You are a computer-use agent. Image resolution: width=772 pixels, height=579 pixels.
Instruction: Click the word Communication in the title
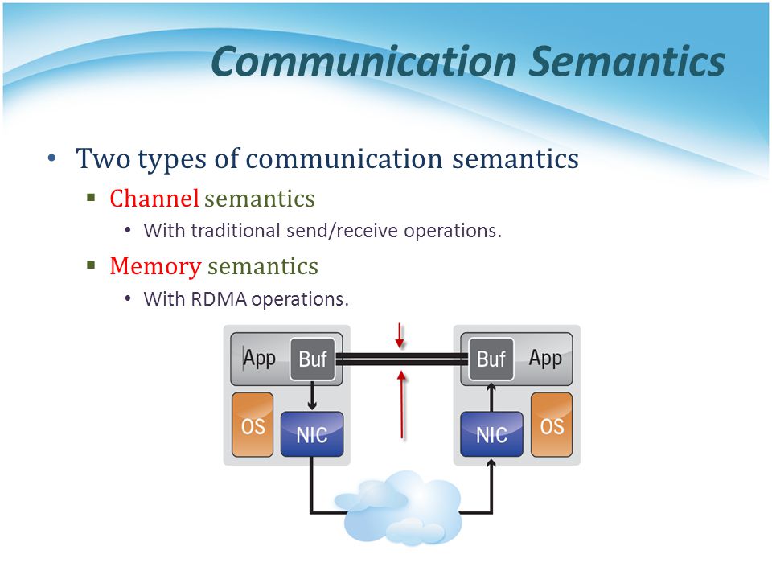click(x=363, y=62)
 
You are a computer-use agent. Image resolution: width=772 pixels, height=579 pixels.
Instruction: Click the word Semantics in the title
click(x=626, y=62)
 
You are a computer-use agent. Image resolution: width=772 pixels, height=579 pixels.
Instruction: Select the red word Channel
click(x=154, y=199)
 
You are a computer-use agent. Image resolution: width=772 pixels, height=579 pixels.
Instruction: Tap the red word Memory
click(x=155, y=267)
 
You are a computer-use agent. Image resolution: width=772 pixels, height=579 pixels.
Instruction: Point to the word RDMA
click(x=219, y=299)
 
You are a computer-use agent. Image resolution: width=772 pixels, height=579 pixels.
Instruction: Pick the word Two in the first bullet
click(x=103, y=158)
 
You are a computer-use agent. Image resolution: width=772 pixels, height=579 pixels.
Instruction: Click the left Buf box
click(x=313, y=359)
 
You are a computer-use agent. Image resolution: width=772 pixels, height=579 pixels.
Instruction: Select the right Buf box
click(x=491, y=359)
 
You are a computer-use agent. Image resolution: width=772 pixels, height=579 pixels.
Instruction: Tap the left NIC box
click(x=312, y=433)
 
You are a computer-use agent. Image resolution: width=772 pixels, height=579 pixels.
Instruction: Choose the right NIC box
click(x=491, y=433)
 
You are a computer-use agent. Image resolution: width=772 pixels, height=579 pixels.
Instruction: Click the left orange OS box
click(x=253, y=425)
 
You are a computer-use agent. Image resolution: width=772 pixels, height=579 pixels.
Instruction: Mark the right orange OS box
click(x=552, y=425)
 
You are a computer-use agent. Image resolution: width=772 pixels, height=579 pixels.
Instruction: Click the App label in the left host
click(x=260, y=359)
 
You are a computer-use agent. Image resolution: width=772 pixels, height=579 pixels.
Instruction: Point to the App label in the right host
click(x=545, y=359)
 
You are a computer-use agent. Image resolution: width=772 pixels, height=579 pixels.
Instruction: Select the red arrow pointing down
click(x=400, y=336)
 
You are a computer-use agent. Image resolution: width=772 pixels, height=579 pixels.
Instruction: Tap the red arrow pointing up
click(x=402, y=404)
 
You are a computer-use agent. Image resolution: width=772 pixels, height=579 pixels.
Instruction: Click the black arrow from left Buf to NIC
click(x=312, y=396)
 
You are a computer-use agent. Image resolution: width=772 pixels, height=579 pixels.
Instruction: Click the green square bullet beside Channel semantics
click(x=91, y=198)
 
